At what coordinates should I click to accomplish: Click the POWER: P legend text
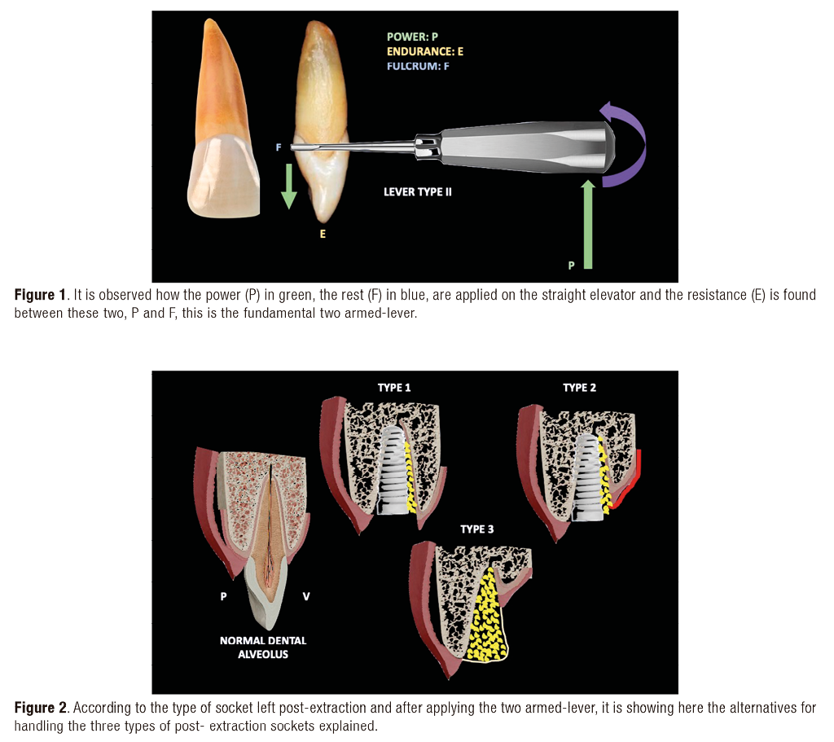point(412,37)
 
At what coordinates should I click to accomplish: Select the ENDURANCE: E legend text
point(425,51)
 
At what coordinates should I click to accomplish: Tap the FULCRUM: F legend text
point(418,66)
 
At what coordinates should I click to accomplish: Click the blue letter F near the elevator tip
point(279,148)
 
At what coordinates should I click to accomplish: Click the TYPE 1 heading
point(395,388)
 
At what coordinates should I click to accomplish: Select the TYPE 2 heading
point(579,388)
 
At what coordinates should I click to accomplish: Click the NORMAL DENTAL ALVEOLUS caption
point(263,647)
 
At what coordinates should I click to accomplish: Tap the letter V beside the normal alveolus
point(306,596)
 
